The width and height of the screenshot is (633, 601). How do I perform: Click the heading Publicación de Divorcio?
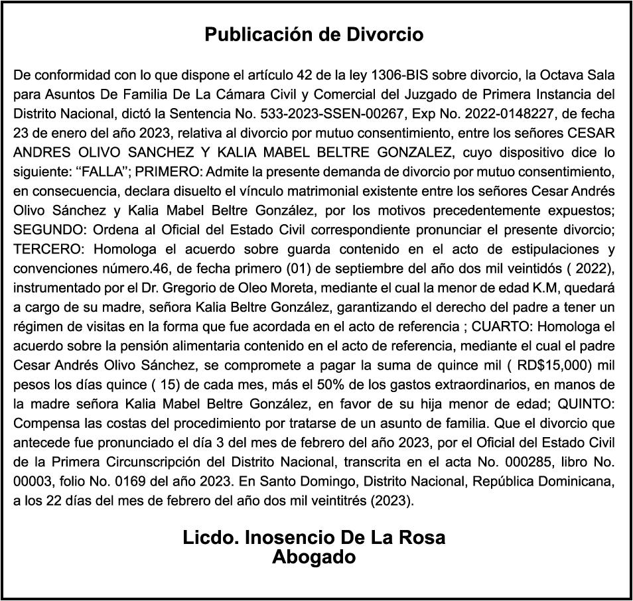pyautogui.click(x=314, y=34)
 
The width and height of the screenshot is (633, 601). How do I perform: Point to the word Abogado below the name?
pyautogui.click(x=314, y=557)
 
